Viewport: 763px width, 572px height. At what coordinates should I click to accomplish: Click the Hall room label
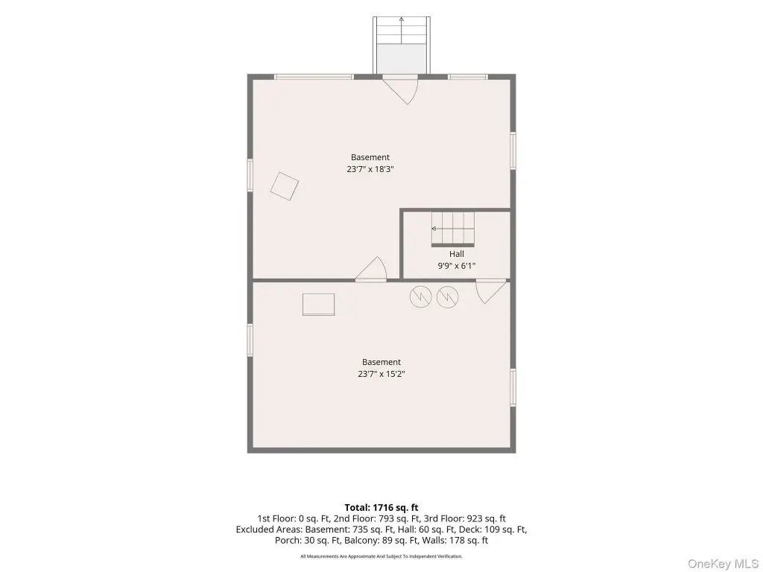(457, 254)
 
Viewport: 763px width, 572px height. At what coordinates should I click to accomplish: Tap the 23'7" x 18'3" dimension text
(370, 169)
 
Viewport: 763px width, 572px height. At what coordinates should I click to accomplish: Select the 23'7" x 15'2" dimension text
(381, 374)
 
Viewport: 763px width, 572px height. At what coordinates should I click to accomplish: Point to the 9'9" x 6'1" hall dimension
(457, 266)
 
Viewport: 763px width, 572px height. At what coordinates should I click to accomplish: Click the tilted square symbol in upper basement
(285, 185)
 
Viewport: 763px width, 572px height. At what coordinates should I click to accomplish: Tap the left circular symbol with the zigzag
(421, 296)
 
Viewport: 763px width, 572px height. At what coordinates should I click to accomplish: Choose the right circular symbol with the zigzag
(448, 296)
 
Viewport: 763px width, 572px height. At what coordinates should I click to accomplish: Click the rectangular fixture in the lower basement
(319, 305)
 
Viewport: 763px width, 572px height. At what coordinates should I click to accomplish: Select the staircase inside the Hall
(453, 229)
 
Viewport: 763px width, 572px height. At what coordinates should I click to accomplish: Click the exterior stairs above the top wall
(402, 45)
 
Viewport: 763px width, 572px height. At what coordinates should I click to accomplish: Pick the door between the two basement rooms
(371, 269)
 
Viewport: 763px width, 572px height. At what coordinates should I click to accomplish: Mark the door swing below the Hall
(490, 291)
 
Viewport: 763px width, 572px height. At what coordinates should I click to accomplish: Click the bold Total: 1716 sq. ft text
(381, 508)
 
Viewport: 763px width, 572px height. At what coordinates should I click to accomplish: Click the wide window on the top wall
(314, 77)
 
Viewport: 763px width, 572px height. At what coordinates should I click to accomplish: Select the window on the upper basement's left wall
(250, 175)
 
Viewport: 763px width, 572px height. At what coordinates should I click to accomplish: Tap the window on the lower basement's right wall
(513, 387)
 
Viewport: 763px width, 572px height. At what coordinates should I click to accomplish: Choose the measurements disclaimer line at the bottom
(381, 556)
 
